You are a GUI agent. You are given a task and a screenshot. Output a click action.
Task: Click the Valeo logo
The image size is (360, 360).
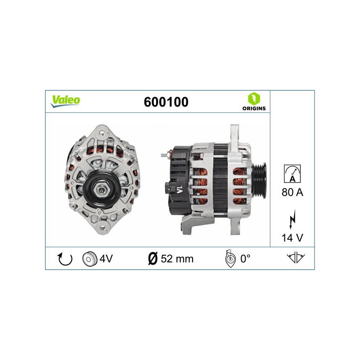click(x=66, y=101)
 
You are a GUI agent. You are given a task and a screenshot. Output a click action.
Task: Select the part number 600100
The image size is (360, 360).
click(x=166, y=102)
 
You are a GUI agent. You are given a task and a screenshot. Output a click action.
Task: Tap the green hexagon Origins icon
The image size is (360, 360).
click(x=254, y=99)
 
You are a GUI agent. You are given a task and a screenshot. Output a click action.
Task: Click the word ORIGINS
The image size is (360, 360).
click(x=254, y=108)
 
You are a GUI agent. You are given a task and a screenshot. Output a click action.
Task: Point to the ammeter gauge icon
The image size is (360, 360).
click(x=292, y=174)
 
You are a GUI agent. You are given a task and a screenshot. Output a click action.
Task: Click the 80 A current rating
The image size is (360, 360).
click(x=292, y=192)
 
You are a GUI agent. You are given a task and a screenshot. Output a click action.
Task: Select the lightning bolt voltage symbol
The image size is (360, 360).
click(x=292, y=219)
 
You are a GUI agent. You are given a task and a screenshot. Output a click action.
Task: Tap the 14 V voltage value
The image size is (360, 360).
click(x=292, y=238)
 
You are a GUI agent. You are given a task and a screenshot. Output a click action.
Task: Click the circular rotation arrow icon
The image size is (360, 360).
click(x=65, y=259)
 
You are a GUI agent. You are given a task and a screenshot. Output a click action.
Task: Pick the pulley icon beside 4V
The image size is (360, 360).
click(x=90, y=259)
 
